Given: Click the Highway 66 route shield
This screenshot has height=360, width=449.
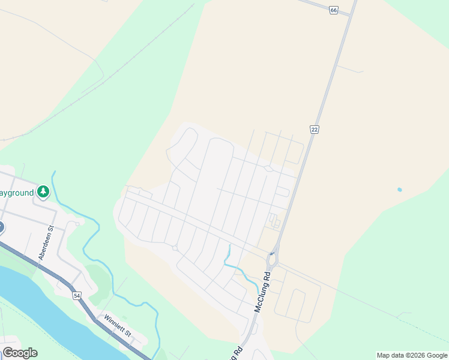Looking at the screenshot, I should pos(334,11).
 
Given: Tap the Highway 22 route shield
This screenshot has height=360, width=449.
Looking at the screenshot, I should pos(314,130).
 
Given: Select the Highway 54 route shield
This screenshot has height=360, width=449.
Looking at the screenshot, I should pos(76,295).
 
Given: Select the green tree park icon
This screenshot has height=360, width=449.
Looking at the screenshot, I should pos(43,192).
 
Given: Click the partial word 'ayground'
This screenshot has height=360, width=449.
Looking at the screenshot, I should pos(17,193).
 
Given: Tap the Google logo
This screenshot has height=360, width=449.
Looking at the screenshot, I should pos(20,353).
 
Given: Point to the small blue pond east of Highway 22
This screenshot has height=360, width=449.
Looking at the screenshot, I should pos(399,190).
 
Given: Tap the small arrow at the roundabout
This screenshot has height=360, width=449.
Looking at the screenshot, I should pos(272,254).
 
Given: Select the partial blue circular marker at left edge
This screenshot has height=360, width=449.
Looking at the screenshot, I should pos(1,227).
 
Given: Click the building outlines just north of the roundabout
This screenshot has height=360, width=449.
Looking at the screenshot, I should pos(274,221).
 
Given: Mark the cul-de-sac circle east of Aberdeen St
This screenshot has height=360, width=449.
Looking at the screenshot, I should pos(77,224).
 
